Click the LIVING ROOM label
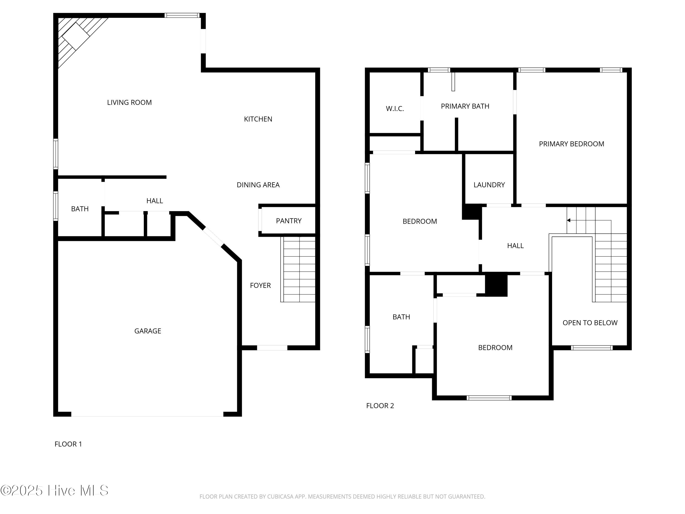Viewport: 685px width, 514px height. [x=129, y=103]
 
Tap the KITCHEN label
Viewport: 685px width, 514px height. [x=258, y=119]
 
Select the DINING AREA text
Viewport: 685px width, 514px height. [x=258, y=185]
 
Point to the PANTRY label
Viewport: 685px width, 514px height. [x=289, y=221]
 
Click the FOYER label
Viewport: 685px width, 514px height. [x=260, y=286]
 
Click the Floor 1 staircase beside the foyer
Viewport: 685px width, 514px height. [x=298, y=269]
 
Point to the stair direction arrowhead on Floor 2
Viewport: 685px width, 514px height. [x=569, y=220]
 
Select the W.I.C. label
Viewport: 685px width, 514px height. [x=395, y=109]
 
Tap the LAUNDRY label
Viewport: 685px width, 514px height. [x=489, y=185]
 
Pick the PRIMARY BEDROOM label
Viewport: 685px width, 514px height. [x=571, y=144]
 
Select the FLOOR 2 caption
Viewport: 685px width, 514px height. [x=380, y=406]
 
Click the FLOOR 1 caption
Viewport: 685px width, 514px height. [x=68, y=444]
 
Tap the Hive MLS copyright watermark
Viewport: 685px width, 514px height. [x=54, y=490]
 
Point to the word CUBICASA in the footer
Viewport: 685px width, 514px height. [x=280, y=497]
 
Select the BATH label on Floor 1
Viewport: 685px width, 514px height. [x=80, y=209]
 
